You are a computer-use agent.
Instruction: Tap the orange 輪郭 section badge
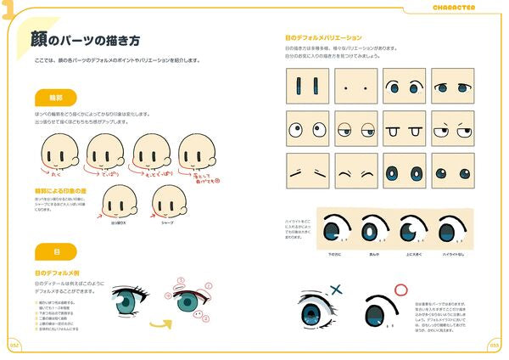[54, 97]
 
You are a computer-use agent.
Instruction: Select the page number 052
[14, 346]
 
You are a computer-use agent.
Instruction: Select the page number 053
[495, 346]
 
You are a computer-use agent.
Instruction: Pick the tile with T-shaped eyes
[403, 129]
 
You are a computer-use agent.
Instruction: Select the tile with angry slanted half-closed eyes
[451, 129]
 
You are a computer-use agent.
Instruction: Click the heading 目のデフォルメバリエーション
[323, 38]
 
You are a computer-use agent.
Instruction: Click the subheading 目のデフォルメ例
[59, 273]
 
